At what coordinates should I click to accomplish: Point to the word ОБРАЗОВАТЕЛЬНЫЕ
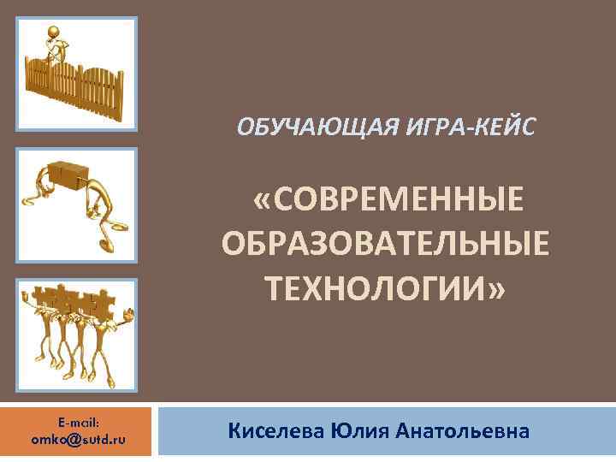click(386, 245)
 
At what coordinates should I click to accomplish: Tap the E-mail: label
click(79, 422)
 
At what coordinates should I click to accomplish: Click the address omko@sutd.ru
click(79, 439)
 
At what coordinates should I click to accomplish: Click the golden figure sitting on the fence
click(56, 43)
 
